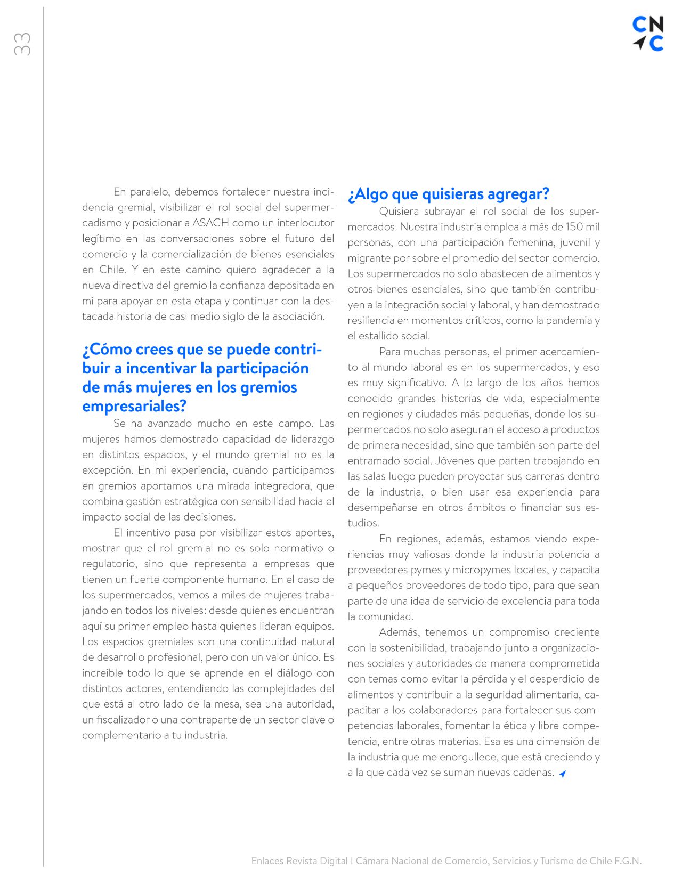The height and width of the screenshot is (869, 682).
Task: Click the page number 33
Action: click(22, 44)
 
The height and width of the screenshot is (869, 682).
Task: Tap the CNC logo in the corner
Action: click(648, 34)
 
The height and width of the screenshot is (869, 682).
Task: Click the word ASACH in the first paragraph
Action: click(209, 223)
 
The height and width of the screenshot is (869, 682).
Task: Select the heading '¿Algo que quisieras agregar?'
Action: click(448, 194)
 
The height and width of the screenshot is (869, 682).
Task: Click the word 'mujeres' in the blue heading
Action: click(164, 387)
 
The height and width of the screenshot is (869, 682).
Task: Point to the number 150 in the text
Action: click(574, 227)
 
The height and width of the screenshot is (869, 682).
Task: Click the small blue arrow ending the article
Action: click(562, 774)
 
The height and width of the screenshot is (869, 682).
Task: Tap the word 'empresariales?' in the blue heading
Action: click(134, 406)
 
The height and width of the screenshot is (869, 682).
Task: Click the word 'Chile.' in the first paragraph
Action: click(112, 270)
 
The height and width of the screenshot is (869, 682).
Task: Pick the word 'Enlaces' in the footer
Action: click(267, 860)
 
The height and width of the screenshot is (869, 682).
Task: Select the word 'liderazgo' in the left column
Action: click(311, 439)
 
